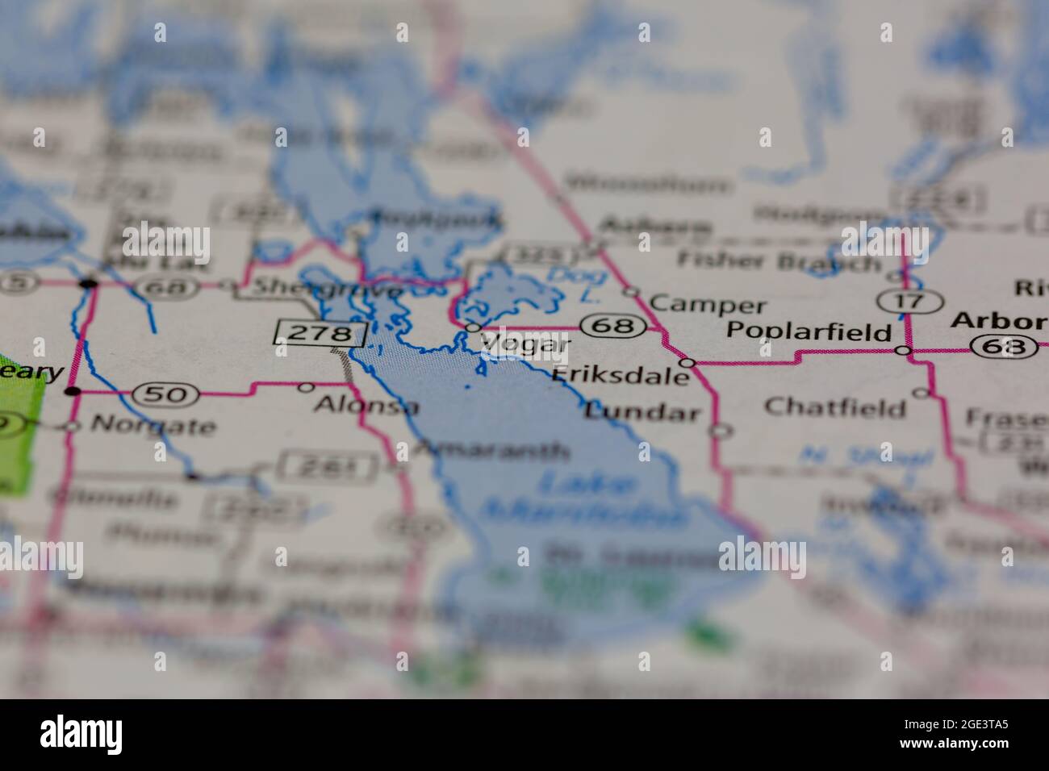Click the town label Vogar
tap(525, 344)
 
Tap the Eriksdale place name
tap(621, 375)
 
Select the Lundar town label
tap(642, 412)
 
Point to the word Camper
tap(708, 304)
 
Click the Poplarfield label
tap(809, 331)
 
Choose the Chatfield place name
tap(834, 406)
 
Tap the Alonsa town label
tap(366, 405)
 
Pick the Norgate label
tap(153, 425)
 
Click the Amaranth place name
tap(493, 450)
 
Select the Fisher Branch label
tap(779, 260)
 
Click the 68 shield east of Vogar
tap(617, 327)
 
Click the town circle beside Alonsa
tap(306, 387)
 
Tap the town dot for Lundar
tap(721, 431)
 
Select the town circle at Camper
tap(632, 292)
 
